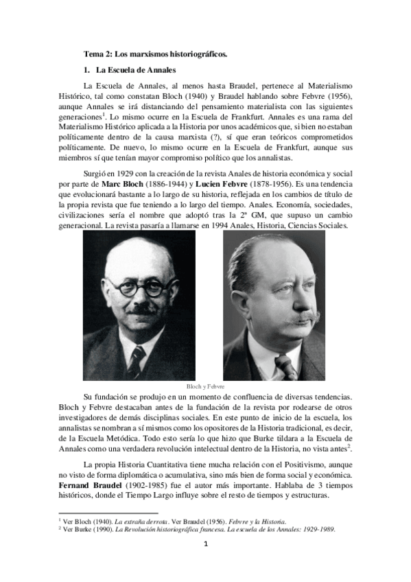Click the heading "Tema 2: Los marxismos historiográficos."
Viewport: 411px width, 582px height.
[155, 54]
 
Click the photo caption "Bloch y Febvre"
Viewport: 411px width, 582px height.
[206, 386]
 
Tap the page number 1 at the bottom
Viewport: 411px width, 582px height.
[205, 545]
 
